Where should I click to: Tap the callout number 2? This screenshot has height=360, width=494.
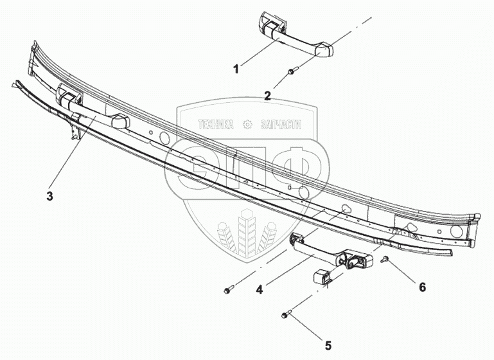(267, 96)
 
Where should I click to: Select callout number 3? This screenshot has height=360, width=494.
(49, 196)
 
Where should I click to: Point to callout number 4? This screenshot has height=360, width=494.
(259, 290)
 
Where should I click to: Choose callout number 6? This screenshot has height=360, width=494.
(421, 287)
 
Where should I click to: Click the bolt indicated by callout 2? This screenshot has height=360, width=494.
(292, 71)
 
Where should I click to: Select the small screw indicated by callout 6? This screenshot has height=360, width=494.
(384, 259)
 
